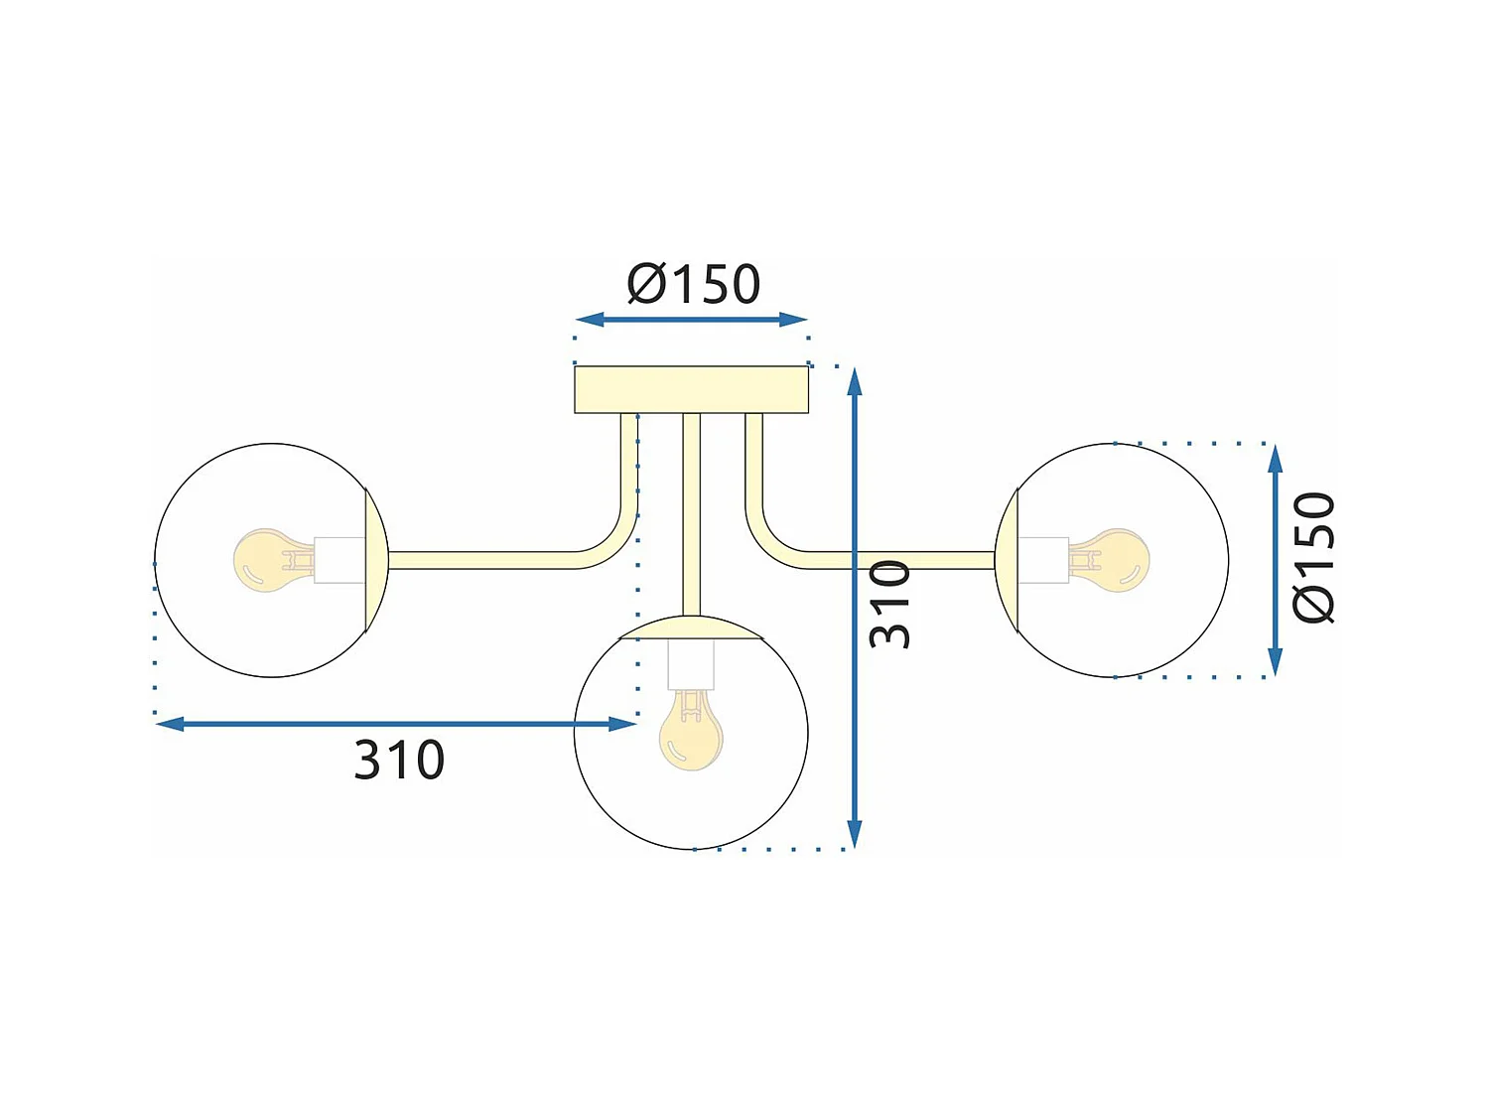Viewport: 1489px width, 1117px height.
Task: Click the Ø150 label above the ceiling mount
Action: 693,285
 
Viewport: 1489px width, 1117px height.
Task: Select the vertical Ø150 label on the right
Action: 1314,558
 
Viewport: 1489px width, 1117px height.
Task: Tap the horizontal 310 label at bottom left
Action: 399,761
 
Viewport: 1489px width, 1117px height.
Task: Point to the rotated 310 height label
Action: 889,604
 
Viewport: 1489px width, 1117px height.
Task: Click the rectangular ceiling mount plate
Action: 691,389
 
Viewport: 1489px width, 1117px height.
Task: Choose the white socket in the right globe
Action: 1043,560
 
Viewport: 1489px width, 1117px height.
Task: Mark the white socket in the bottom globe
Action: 691,665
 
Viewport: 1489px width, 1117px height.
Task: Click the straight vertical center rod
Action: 692,511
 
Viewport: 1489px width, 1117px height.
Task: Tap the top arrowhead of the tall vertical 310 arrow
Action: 855,380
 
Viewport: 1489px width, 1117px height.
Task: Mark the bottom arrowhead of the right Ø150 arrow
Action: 1276,662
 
